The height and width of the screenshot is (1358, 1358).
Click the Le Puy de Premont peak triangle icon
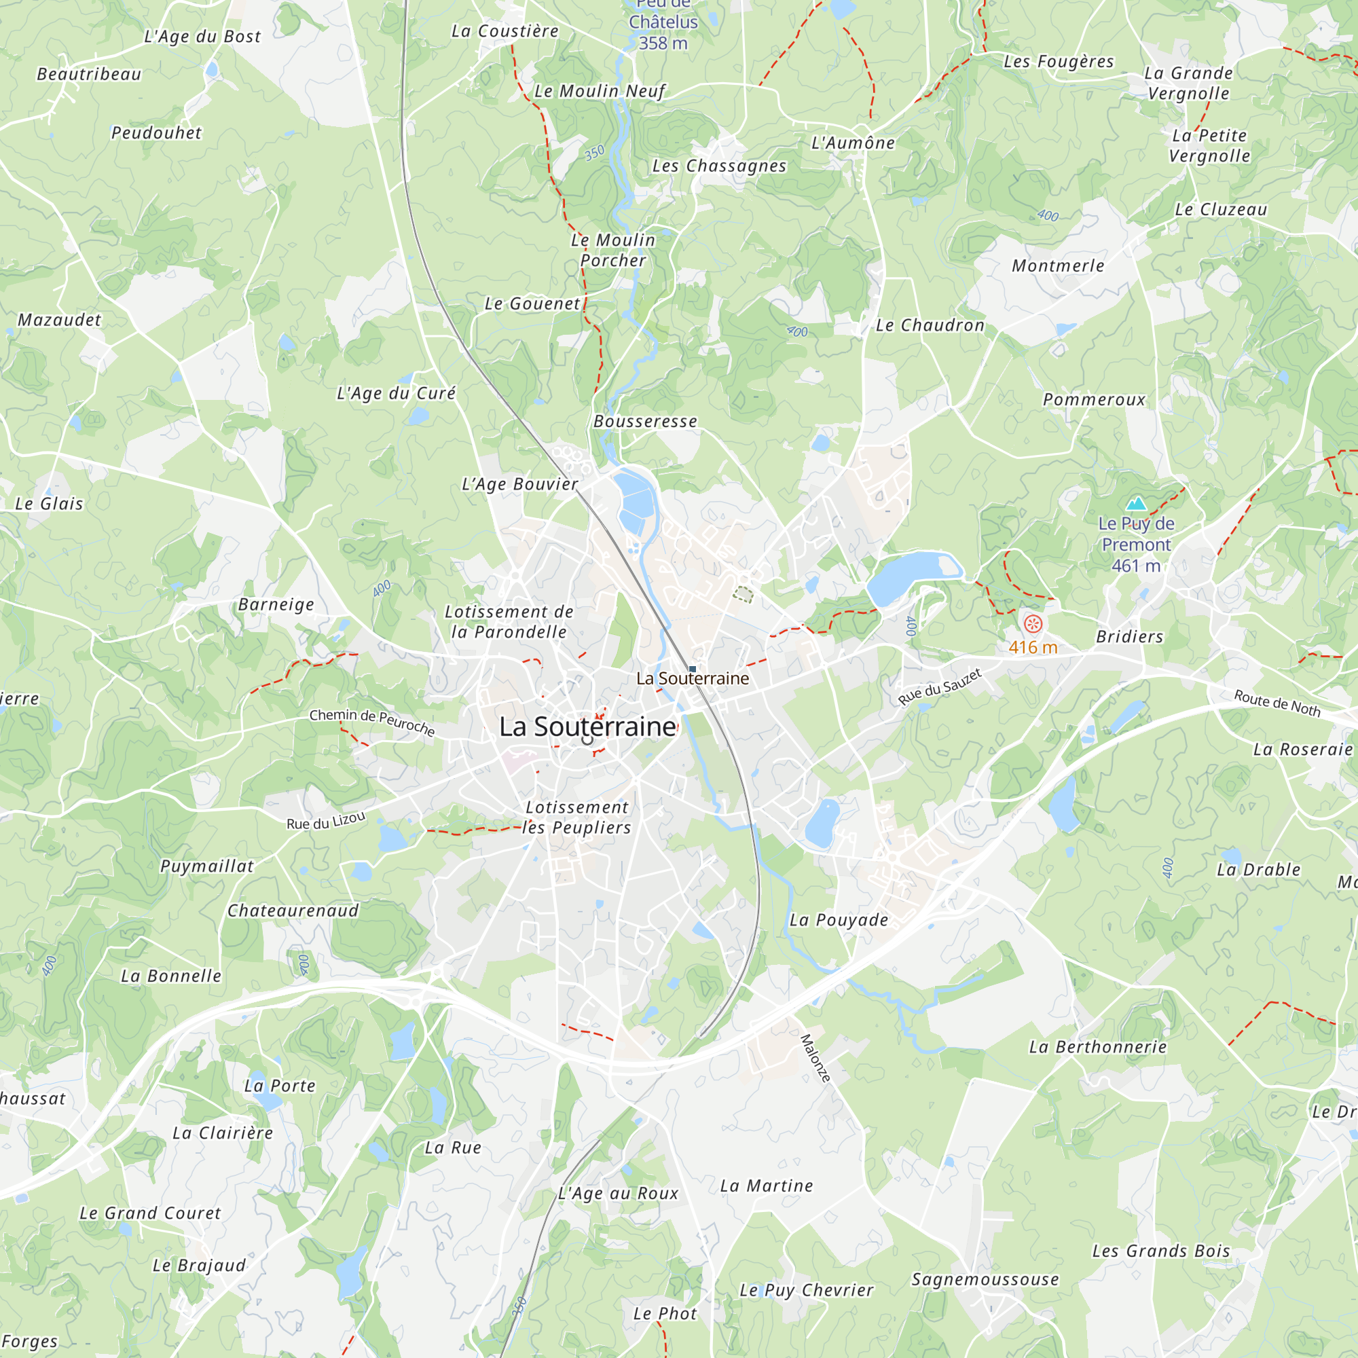pos(1136,503)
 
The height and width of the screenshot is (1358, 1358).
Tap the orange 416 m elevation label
pos(1033,647)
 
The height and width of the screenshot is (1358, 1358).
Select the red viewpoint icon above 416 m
pos(1033,623)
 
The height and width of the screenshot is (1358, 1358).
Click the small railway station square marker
pos(693,669)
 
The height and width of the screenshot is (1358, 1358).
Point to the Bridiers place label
pos(1130,637)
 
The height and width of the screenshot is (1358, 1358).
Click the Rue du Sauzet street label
pos(940,687)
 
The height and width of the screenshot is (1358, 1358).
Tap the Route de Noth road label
pos(1277,703)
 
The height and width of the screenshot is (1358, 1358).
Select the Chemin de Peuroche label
pos(372,722)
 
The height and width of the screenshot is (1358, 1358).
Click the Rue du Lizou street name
pos(325,821)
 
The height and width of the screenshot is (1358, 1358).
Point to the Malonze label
pos(815,1058)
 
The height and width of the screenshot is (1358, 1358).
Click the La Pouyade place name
pos(839,920)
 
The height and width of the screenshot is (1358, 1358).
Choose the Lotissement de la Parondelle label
pos(509,622)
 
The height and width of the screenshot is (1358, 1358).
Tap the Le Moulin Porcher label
pos(613,251)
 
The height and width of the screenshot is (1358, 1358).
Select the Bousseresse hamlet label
pos(645,422)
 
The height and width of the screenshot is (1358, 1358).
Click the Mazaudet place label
pos(60,320)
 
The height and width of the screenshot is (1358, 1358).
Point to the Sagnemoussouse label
pos(985,1279)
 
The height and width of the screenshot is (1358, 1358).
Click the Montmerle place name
pos(1058,266)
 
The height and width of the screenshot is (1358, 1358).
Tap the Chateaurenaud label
pos(293,911)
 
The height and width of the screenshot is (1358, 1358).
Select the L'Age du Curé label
pos(397,394)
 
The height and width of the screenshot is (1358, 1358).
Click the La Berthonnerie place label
pos(1097,1047)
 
